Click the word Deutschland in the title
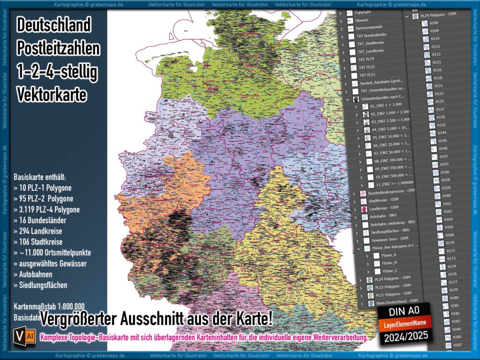[x=54, y=25]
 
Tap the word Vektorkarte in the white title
[x=52, y=95]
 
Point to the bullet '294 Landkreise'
[x=40, y=231]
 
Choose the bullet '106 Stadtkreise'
[x=41, y=242]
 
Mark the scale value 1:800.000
[x=68, y=306]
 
